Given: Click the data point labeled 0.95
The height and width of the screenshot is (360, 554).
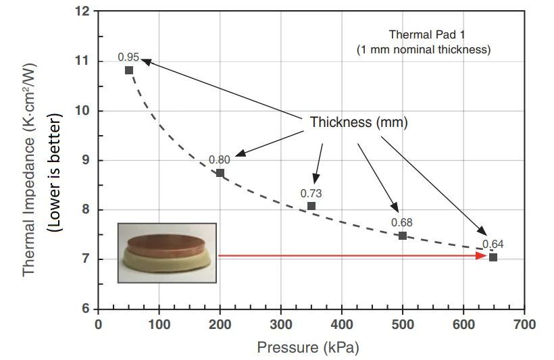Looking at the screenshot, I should point(129,70).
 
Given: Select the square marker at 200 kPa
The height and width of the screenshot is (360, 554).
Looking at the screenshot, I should point(220,173).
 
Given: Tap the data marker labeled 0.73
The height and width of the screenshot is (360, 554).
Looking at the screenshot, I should point(311,206).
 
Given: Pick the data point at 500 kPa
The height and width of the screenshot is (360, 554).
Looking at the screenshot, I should point(403,236).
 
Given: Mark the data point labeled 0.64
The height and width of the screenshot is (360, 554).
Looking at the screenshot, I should point(493,257).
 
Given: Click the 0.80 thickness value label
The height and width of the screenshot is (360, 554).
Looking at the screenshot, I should point(219,159).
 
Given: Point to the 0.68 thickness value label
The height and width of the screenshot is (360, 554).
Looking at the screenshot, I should point(401,222).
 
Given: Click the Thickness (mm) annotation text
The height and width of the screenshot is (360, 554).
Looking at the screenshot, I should point(359,123).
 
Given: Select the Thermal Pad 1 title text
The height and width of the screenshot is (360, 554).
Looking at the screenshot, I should point(423,34).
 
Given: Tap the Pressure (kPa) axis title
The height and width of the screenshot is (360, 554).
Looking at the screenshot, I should point(307,348).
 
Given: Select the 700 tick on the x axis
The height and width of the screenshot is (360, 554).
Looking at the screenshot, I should point(524,325).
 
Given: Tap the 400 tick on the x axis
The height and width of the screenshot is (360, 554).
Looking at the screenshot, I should point(341,325).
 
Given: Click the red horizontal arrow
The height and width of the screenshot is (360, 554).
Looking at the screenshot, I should point(351,256).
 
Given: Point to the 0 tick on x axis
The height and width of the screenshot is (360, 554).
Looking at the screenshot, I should point(99,325).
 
